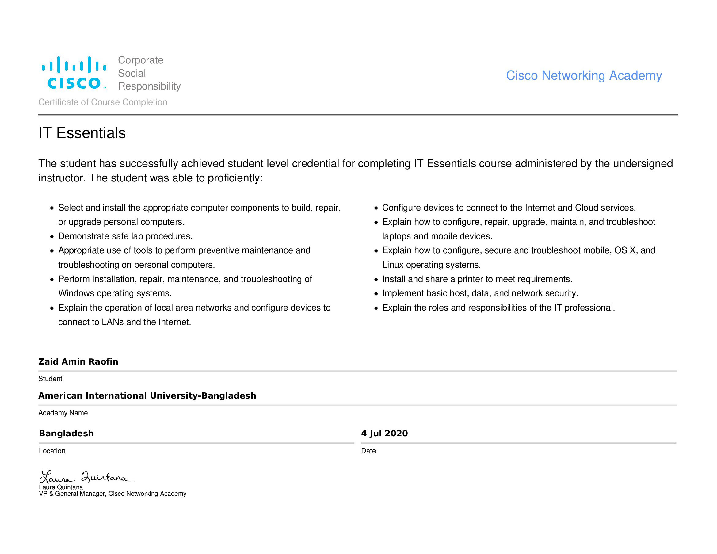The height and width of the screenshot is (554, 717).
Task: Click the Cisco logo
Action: pos(74,73)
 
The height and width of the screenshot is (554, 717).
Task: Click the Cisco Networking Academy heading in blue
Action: pos(583,75)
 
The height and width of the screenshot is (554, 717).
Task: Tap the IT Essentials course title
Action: pos(82,133)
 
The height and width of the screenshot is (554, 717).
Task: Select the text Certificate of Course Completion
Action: pos(103,102)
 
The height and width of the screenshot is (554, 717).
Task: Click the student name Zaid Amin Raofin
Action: pos(78,361)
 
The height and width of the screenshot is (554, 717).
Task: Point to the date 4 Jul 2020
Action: pos(384,433)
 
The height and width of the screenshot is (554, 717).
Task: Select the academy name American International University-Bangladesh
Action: pos(147,396)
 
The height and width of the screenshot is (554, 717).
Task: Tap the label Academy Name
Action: pos(63,413)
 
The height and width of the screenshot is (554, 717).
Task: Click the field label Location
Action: pos(52,451)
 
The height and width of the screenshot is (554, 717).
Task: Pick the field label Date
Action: pos(368,451)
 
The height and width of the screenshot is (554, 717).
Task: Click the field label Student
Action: pos(50,379)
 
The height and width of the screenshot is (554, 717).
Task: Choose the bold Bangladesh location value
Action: pos(66,434)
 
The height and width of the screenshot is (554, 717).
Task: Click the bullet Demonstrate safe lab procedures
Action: pos(125,236)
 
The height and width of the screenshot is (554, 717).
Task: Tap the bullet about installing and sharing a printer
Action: pos(477,279)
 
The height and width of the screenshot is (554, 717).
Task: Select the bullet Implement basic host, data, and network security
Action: pos(480,293)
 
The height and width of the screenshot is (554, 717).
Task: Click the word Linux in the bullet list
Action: pos(393,265)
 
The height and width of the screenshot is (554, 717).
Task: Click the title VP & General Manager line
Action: pos(113,494)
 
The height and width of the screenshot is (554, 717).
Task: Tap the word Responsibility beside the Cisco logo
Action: pos(149,86)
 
